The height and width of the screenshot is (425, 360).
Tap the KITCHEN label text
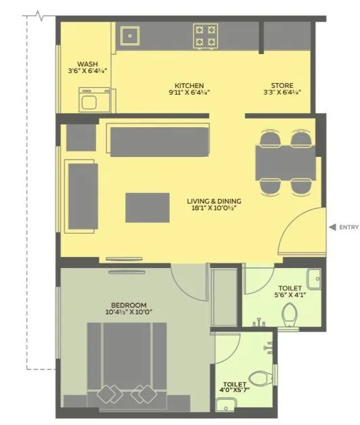189,86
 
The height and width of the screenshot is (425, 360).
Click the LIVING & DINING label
214,201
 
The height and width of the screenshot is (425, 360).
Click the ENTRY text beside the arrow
348,227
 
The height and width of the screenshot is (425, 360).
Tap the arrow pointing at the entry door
332,227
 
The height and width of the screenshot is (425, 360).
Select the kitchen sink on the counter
130,35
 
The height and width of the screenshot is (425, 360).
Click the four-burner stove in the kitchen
205,35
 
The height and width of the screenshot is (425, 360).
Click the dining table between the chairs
285,162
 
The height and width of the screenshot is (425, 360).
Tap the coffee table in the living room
147,207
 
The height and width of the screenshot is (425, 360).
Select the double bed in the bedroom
127,361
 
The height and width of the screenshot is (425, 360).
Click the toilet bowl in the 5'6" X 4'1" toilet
290,314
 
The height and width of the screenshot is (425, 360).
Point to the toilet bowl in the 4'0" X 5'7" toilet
258,378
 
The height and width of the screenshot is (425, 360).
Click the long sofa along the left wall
83,196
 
